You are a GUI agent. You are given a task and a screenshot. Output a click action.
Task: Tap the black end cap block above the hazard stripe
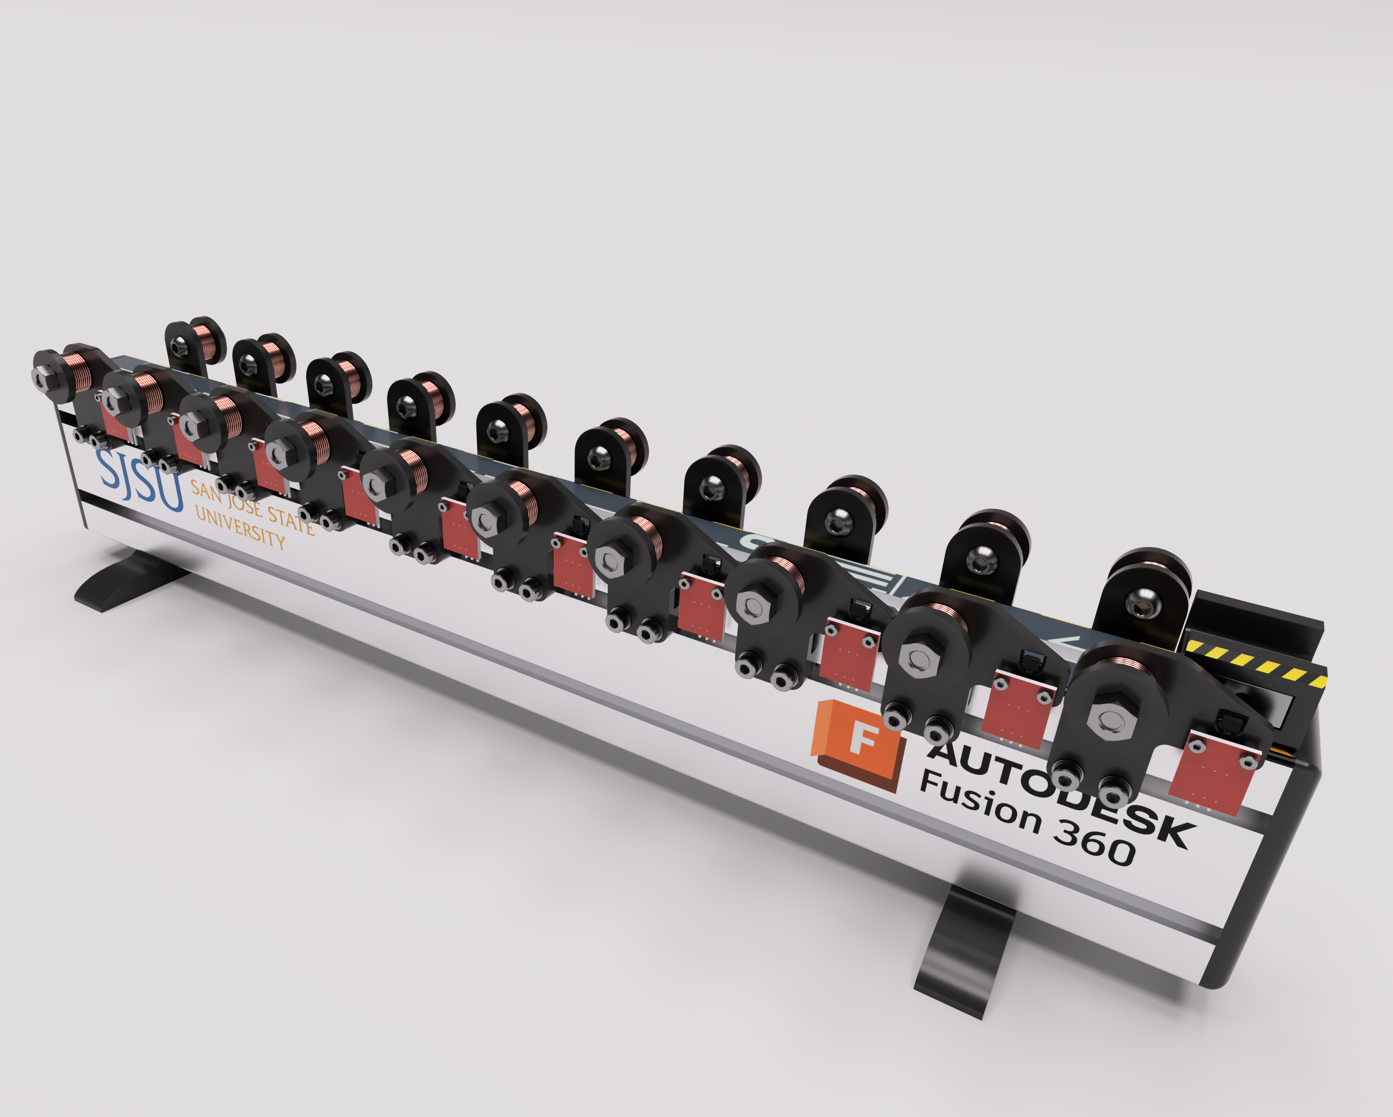pyautogui.click(x=1253, y=621)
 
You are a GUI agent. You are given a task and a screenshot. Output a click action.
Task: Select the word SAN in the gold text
pyautogui.click(x=205, y=492)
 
